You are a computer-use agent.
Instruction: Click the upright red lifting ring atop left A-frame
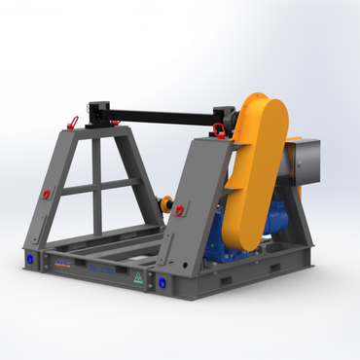pyautogui.click(x=72, y=122)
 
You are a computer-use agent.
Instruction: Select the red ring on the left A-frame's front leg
pyautogui.click(x=45, y=194)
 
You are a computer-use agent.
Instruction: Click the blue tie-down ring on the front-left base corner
pyautogui.click(x=31, y=260)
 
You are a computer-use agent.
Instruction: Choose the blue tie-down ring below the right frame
pyautogui.click(x=162, y=282)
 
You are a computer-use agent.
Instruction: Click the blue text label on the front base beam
pyautogui.click(x=101, y=268)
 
